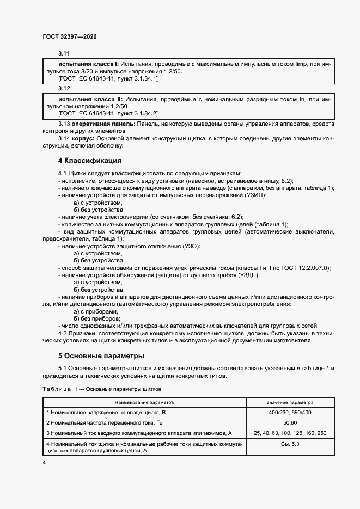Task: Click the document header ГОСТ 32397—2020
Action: pyautogui.click(x=69, y=36)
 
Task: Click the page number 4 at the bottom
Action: pyautogui.click(x=45, y=462)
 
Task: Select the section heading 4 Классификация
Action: pyautogui.click(x=89, y=161)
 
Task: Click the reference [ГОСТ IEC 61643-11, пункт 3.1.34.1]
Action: pyautogui.click(x=100, y=79)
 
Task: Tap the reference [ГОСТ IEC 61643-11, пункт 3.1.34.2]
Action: pyautogui.click(x=100, y=113)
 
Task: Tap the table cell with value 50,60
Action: pyautogui.click(x=290, y=422)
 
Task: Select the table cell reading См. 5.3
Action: pyautogui.click(x=290, y=444)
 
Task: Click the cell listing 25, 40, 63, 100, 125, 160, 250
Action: pyautogui.click(x=290, y=433)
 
